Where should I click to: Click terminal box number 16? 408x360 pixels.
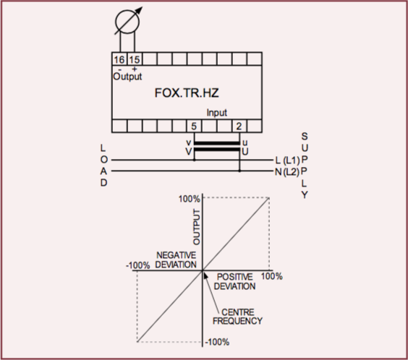[x=119, y=59]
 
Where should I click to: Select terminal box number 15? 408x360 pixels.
[x=135, y=59]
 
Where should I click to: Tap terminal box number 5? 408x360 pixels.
[x=194, y=126]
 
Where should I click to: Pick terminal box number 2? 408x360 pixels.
[x=239, y=126]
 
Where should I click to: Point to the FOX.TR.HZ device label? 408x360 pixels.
[x=187, y=93]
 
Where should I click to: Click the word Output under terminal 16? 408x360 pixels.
[x=127, y=77]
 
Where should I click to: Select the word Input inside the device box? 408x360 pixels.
[x=217, y=113]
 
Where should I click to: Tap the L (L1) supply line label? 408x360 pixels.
[x=287, y=160]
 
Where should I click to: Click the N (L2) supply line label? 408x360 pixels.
[x=287, y=172]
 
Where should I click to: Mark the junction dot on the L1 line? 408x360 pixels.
[x=194, y=160]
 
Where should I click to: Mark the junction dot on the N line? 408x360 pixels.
[x=239, y=171]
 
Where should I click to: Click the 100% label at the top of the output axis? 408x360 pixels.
[x=189, y=199]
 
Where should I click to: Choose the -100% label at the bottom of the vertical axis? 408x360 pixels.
[x=217, y=342]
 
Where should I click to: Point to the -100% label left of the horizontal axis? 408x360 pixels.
[x=138, y=265]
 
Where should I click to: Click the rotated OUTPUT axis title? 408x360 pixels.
[x=197, y=227]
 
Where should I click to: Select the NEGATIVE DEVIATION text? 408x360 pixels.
[x=176, y=260]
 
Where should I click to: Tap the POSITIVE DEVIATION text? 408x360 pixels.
[x=234, y=281]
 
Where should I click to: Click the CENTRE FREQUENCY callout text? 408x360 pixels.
[x=237, y=317]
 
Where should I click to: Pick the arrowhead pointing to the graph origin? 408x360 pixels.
[x=205, y=275]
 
